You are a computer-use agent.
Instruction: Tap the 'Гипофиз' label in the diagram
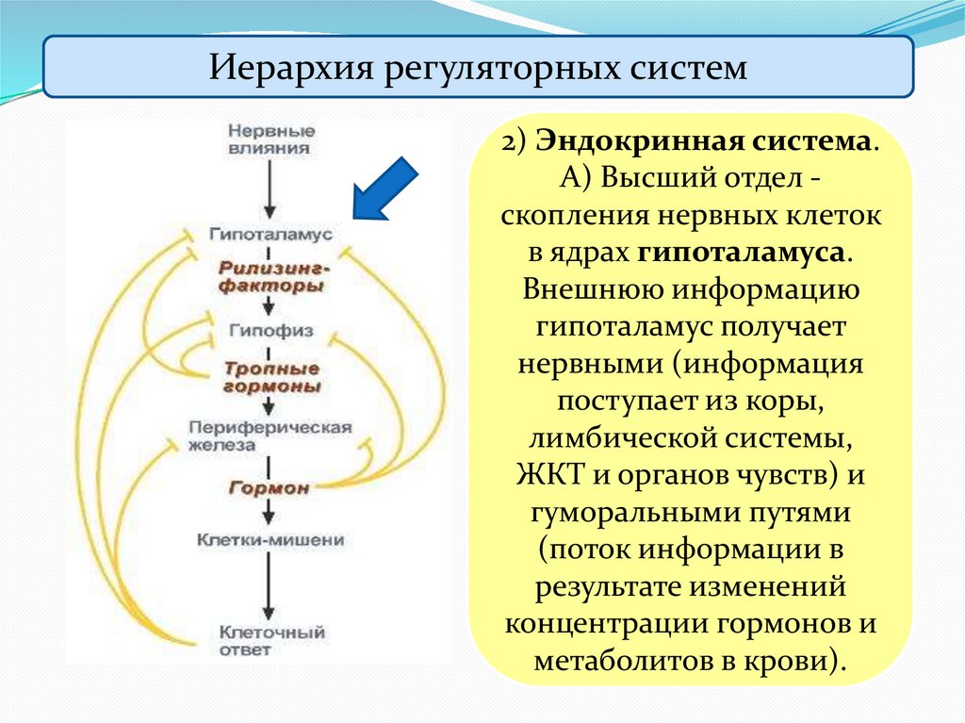coord(270,332)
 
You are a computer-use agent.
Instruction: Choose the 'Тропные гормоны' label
coord(271,377)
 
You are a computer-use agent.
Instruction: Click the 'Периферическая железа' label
coord(270,435)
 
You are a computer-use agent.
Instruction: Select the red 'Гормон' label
coord(270,488)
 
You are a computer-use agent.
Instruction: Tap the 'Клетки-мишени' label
coord(270,541)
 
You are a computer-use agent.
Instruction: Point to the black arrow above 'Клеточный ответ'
coord(270,589)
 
